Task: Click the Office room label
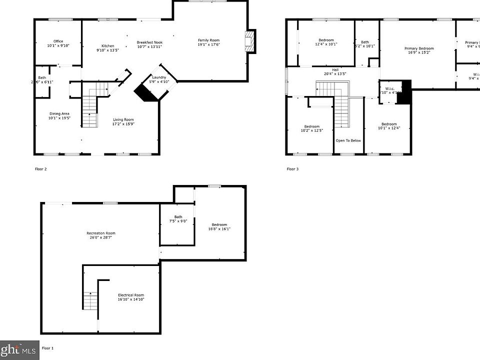pyautogui.click(x=58, y=43)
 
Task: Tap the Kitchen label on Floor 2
pyautogui.click(x=107, y=48)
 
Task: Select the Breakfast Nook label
pyautogui.click(x=150, y=44)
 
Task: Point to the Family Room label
pyautogui.click(x=208, y=42)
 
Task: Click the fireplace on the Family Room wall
pyautogui.click(x=249, y=41)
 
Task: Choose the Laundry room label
pyautogui.click(x=159, y=79)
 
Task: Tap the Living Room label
pyautogui.click(x=123, y=121)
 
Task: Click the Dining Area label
pyautogui.click(x=59, y=116)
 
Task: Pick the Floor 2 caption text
pyautogui.click(x=40, y=169)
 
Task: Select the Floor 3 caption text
pyautogui.click(x=292, y=169)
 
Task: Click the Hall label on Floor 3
pyautogui.click(x=335, y=71)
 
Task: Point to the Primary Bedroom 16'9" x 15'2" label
pyautogui.click(x=419, y=50)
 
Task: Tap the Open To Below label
pyautogui.click(x=348, y=140)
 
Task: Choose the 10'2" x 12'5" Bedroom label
pyautogui.click(x=312, y=128)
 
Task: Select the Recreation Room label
pyautogui.click(x=101, y=235)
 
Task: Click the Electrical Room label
pyautogui.click(x=131, y=297)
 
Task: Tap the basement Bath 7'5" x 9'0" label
pyautogui.click(x=178, y=218)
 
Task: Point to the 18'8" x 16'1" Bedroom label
pyautogui.click(x=219, y=226)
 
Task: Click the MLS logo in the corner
pyautogui.click(x=19, y=350)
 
